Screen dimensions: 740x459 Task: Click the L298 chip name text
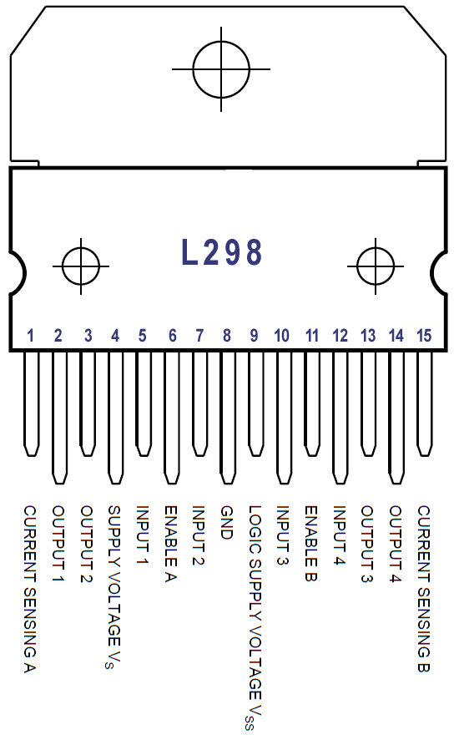click(x=222, y=252)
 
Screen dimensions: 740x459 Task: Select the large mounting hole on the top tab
click(x=221, y=68)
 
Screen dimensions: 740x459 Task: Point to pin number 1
click(x=31, y=336)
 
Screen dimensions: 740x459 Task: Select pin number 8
click(x=227, y=336)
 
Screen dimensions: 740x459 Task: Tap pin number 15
click(x=424, y=336)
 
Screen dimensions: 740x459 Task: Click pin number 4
click(x=115, y=336)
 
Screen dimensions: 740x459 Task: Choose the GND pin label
click(x=227, y=522)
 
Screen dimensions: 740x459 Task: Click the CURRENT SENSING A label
click(x=30, y=589)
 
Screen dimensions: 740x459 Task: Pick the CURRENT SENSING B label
click(x=424, y=589)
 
